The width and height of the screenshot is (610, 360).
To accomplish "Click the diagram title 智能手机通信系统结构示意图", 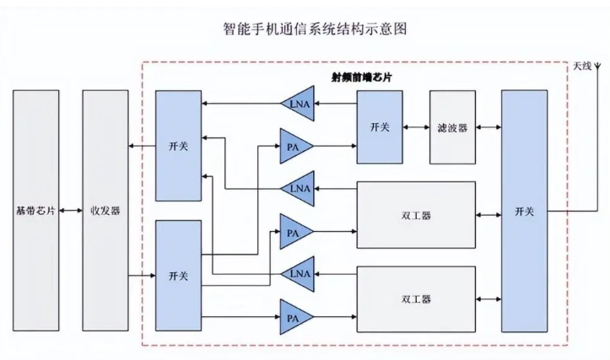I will (x=305, y=29).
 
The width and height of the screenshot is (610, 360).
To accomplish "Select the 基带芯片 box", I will (x=35, y=211).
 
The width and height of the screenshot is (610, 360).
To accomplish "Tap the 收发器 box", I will (x=105, y=211).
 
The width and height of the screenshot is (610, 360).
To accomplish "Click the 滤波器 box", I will (x=452, y=127).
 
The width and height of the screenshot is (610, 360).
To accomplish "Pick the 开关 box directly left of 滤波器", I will (x=381, y=127).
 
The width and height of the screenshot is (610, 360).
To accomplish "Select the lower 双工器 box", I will (x=415, y=298).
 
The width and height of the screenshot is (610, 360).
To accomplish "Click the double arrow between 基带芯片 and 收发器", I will (x=71, y=211).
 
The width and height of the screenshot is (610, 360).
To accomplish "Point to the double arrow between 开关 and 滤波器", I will (x=417, y=127).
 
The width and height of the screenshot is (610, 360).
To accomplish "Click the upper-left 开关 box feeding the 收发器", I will (x=178, y=146).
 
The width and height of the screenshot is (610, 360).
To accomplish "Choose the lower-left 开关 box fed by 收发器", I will (x=178, y=276).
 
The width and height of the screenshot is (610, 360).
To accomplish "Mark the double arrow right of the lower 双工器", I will (x=488, y=298).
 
